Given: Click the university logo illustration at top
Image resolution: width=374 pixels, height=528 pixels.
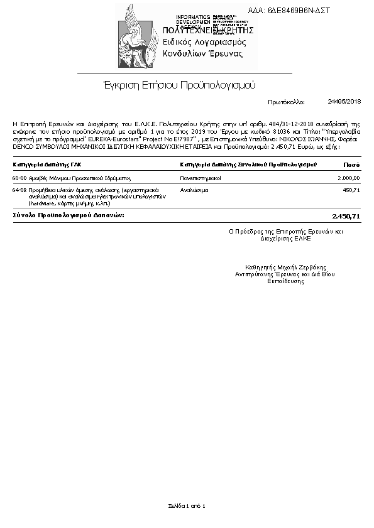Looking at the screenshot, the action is pyautogui.click(x=138, y=36).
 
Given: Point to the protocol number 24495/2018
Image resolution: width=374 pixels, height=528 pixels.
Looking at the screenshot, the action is pyautogui.click(x=344, y=101).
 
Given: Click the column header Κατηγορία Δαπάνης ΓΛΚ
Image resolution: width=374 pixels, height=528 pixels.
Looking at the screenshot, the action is pyautogui.click(x=47, y=164).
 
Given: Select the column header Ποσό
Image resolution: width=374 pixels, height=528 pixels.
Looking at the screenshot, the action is pyautogui.click(x=352, y=164).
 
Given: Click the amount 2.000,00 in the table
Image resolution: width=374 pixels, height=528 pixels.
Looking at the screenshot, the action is pyautogui.click(x=348, y=178).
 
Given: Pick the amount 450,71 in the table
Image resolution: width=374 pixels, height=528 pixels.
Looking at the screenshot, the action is pyautogui.click(x=351, y=189).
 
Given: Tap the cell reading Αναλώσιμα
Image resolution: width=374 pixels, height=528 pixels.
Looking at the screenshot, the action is pyautogui.click(x=194, y=189).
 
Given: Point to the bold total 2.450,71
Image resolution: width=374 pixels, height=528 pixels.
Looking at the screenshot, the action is pyautogui.click(x=346, y=216).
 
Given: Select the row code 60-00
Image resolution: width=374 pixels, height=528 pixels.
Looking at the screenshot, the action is pyautogui.click(x=19, y=178).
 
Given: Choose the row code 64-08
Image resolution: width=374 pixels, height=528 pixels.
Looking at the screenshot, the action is pyautogui.click(x=19, y=189).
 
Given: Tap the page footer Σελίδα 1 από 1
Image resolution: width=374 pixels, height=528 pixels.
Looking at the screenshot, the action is pyautogui.click(x=187, y=505).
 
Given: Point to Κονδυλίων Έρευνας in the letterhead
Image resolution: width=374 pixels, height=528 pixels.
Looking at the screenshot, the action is pyautogui.click(x=202, y=54).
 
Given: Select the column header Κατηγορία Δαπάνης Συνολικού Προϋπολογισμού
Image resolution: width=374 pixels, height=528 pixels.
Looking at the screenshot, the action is pyautogui.click(x=248, y=164).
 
